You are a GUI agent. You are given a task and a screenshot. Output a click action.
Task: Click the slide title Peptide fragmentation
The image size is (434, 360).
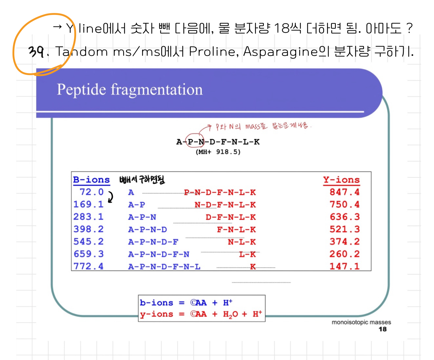pos(130,90)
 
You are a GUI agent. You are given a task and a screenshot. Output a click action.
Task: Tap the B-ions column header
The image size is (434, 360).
pos(91,180)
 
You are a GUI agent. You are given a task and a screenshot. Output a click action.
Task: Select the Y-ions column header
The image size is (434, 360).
pos(341,180)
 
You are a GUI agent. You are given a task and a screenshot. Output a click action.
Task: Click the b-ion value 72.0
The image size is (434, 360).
pos(91,192)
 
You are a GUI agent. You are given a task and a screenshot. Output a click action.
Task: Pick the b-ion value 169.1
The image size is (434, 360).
pos(88,204)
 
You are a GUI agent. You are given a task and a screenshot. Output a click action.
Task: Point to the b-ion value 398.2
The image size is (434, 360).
pos(88,229)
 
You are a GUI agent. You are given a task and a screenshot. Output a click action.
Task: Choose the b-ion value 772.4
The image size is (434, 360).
pos(88,266)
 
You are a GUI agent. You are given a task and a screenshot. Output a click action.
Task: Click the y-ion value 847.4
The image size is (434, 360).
pos(344,192)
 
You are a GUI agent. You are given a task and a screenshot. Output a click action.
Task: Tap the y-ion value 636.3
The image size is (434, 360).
pos(344,217)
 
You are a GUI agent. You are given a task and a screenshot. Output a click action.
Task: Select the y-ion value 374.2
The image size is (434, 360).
pos(344,242)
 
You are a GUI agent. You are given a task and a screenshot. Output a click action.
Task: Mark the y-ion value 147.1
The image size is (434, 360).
pos(344,266)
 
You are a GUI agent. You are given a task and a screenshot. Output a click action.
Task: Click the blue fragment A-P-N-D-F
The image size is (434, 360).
pos(153,242)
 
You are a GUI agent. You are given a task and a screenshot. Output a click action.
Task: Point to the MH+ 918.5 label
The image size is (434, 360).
pos(218,152)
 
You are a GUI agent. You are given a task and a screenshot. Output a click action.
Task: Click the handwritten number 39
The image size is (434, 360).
pos(36,52)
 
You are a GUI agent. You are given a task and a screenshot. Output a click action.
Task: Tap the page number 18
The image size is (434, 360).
pos(383,329)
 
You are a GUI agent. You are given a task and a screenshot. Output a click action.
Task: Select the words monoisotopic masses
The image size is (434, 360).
pos(361,322)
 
